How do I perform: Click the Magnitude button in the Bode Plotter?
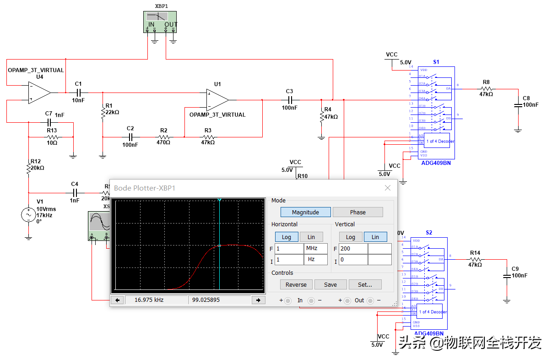(306, 212)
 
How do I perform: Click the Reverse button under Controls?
(296, 284)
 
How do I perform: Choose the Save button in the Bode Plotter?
(330, 284)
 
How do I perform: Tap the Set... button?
(365, 284)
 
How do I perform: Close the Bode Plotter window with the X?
(388, 188)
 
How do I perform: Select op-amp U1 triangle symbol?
(217, 99)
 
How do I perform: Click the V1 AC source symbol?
(28, 215)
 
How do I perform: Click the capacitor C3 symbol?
(289, 99)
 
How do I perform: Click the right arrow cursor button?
(259, 300)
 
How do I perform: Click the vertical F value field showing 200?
(353, 249)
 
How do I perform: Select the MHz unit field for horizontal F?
(316, 249)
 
